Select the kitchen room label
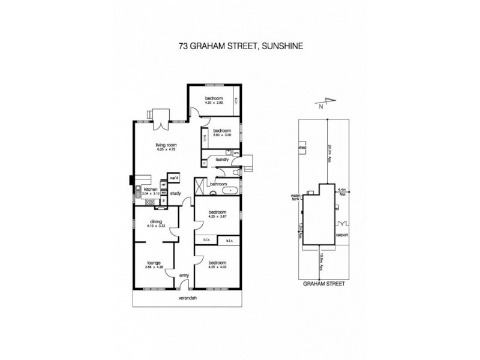coord(150,189)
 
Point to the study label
coord(176,193)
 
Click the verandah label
coord(188,298)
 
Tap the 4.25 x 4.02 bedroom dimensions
coord(217,267)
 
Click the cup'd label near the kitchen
coord(175,178)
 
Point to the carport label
coord(343,235)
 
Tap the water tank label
coord(295,197)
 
